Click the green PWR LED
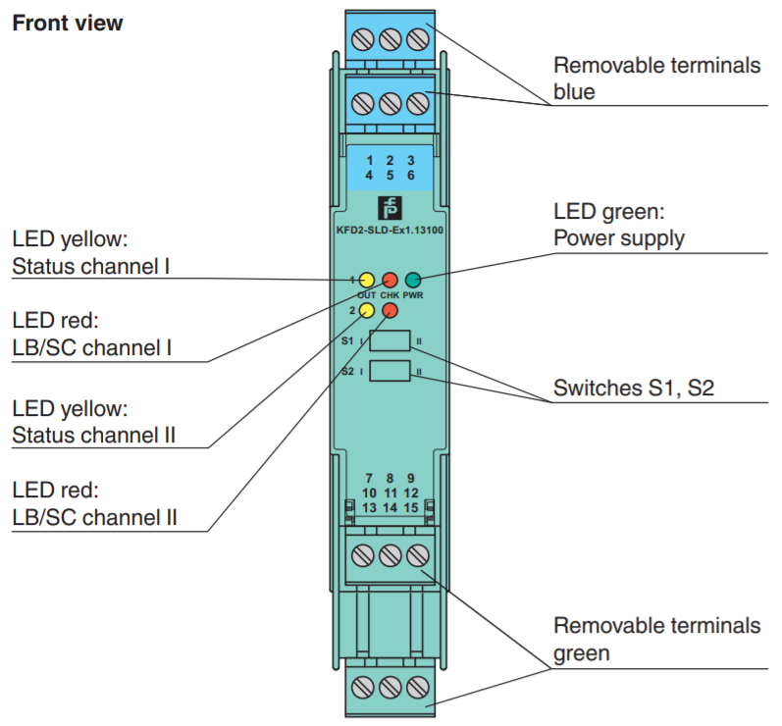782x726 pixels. click(x=413, y=280)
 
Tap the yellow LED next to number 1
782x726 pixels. click(x=367, y=280)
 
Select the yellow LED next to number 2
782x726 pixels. click(x=367, y=310)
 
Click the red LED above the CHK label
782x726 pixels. click(x=390, y=280)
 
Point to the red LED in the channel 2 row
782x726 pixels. click(x=390, y=310)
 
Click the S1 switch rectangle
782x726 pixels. click(x=391, y=341)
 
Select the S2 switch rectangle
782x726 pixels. click(x=391, y=372)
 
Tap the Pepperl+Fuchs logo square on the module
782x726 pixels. click(x=390, y=208)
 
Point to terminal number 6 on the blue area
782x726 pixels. click(x=410, y=175)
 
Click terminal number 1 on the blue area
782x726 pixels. click(x=369, y=159)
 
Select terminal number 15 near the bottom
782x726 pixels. click(x=411, y=507)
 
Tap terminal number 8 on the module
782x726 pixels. click(x=390, y=478)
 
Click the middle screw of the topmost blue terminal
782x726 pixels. click(x=390, y=40)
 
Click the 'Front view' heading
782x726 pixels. click(x=67, y=24)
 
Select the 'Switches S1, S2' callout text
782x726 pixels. click(x=634, y=388)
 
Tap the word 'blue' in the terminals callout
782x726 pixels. click(x=575, y=92)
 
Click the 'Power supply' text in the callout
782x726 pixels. click(x=619, y=237)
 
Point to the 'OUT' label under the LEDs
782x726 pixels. click(x=367, y=294)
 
